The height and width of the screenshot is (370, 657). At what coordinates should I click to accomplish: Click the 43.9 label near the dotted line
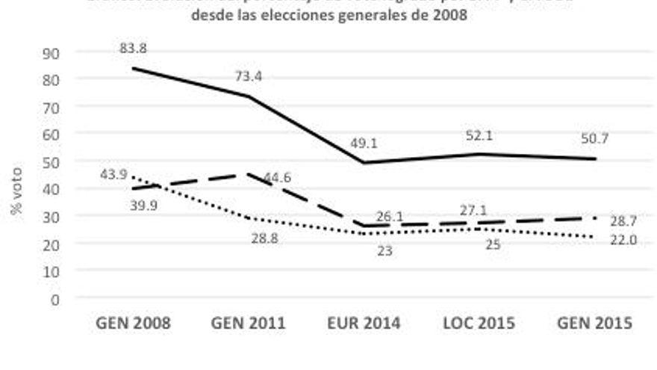[114, 174]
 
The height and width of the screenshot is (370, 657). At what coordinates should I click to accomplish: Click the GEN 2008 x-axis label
[134, 324]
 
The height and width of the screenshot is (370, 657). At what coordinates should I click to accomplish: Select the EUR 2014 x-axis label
[364, 324]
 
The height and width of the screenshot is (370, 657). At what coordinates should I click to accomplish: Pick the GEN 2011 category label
[249, 324]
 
